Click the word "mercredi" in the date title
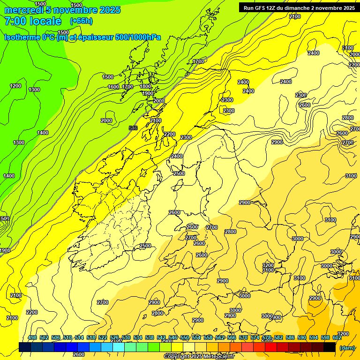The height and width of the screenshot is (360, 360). pos(25,10)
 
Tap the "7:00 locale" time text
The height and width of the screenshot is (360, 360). pos(33,22)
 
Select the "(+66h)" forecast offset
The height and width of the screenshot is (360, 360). pos(81,21)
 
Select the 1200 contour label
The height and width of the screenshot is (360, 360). pos(15,86)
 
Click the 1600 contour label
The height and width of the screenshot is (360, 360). pos(113,87)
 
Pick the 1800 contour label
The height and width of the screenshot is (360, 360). pos(145,86)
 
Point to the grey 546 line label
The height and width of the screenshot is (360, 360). pos(133,127)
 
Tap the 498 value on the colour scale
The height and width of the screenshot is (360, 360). pos(32,338)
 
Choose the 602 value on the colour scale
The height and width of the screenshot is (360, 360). pos(337,338)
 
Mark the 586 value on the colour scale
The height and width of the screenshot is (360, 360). pos(290,338)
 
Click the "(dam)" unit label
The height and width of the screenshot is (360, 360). pos(347,348)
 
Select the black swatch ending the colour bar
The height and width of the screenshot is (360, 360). pos(330,347)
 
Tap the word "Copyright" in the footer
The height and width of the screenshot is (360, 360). pos(177,357)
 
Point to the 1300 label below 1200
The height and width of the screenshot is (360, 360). pos(34,90)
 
